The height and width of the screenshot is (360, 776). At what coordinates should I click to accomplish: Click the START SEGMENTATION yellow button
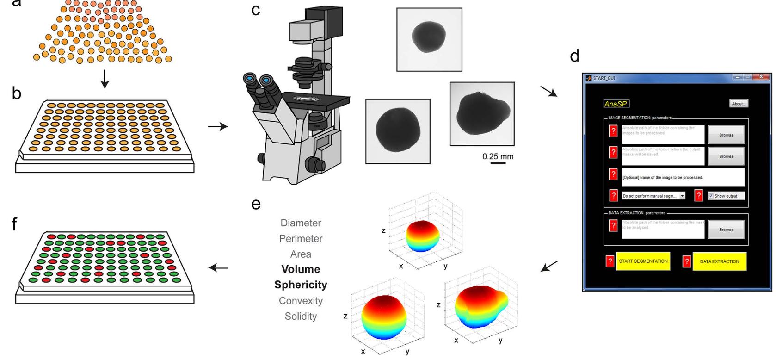[x=643, y=261]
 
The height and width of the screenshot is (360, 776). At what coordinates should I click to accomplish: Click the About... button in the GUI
[x=739, y=104]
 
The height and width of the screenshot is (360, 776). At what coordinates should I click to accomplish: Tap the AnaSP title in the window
[x=616, y=104]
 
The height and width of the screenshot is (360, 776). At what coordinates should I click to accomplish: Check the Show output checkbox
[x=711, y=196]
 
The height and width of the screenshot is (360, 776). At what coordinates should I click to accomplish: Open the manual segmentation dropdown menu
[x=682, y=196]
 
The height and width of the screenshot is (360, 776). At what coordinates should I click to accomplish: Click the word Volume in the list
[x=301, y=269]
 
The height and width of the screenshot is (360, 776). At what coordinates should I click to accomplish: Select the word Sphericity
[x=301, y=285]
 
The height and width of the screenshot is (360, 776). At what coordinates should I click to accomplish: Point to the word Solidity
[x=301, y=317]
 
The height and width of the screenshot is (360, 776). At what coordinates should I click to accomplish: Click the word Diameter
[x=301, y=223]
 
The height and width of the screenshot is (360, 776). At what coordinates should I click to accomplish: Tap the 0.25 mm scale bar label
[x=498, y=156]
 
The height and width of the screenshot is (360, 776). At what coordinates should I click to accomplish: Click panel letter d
[x=574, y=56]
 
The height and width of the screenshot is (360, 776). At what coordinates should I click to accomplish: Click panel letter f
[x=15, y=225]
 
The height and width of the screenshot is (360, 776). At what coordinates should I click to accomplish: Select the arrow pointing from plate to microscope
[x=217, y=126]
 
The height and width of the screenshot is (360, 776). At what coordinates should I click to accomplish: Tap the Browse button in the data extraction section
[x=726, y=230]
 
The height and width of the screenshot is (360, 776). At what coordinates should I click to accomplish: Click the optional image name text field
[x=683, y=177]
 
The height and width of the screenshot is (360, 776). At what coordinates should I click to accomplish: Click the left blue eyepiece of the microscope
[x=250, y=79]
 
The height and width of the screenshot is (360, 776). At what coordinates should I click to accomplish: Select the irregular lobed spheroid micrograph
[x=481, y=114]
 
